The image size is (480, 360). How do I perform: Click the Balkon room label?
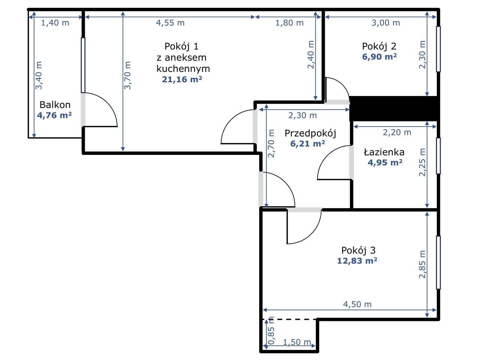[55, 105]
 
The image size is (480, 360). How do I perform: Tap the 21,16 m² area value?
[182, 79]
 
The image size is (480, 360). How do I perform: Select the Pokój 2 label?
[379, 46]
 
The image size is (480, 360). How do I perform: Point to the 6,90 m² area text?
[379, 57]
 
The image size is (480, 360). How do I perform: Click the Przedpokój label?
[310, 133]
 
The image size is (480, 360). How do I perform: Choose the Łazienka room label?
[384, 152]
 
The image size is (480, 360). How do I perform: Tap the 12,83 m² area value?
[357, 261]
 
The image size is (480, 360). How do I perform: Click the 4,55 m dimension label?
[170, 23]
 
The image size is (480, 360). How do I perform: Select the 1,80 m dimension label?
[289, 23]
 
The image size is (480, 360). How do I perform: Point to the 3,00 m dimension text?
[386, 23]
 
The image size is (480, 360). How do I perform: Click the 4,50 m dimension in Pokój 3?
[357, 304]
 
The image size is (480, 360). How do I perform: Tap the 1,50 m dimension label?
[297, 342]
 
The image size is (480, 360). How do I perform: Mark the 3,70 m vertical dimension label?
[127, 75]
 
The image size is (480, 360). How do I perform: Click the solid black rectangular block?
[394, 108]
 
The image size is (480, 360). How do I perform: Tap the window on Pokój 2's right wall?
[438, 49]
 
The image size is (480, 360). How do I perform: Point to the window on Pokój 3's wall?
[438, 262]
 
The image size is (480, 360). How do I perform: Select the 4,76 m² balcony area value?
[54, 115]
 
